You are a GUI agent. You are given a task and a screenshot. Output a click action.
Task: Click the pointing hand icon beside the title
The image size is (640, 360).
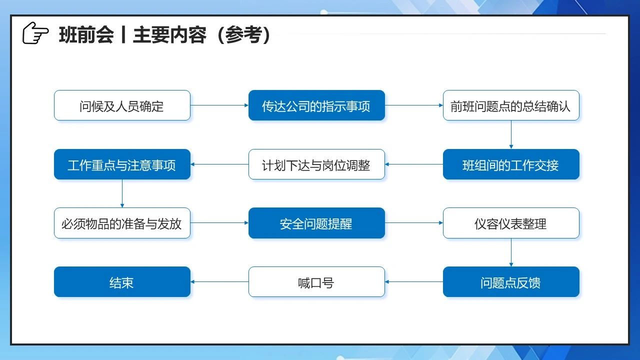pyautogui.click(x=35, y=33)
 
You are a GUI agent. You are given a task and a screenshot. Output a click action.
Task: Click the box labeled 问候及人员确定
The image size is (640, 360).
pyautogui.click(x=122, y=105)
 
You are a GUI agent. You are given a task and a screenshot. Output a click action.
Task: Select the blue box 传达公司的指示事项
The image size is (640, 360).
pyautogui.click(x=316, y=105)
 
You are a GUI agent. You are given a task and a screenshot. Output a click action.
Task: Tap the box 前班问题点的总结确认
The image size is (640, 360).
pyautogui.click(x=511, y=105)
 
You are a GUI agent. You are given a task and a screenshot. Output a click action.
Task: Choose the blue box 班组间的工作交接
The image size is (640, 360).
pyautogui.click(x=511, y=164)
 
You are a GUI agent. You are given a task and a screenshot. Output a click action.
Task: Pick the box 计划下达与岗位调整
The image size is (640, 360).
pyautogui.click(x=316, y=164)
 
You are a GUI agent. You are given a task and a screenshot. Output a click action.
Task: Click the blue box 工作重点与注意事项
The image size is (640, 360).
pyautogui.click(x=122, y=164)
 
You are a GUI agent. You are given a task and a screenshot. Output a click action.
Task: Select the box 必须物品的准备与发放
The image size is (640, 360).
pyautogui.click(x=122, y=223)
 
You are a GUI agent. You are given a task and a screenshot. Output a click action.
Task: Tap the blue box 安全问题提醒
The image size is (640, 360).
pyautogui.click(x=316, y=223)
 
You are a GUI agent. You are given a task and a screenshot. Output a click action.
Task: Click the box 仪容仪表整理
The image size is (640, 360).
pyautogui.click(x=511, y=223)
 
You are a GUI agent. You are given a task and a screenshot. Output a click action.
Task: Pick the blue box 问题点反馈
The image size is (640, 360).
pyautogui.click(x=511, y=281)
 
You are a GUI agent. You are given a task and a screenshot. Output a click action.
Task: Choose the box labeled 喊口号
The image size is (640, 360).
pyautogui.click(x=316, y=281)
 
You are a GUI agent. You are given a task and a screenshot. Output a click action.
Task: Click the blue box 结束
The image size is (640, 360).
pyautogui.click(x=122, y=281)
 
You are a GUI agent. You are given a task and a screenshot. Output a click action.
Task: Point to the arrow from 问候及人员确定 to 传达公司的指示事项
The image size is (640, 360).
pyautogui.click(x=219, y=105)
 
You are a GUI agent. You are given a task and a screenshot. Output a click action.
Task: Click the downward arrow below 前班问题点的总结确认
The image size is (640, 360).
pyautogui.click(x=511, y=135)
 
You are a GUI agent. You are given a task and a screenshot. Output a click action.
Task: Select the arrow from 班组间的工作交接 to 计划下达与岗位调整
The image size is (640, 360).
pyautogui.click(x=414, y=164)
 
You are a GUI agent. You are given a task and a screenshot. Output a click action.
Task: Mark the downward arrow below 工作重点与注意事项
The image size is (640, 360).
pyautogui.click(x=122, y=193)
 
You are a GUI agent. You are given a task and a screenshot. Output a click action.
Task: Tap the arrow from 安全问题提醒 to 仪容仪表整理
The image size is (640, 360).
pyautogui.click(x=414, y=223)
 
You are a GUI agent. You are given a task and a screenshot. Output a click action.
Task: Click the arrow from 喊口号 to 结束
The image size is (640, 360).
pyautogui.click(x=219, y=281)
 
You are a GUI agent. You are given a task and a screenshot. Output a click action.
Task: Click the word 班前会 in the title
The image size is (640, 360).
pyautogui.click(x=86, y=35)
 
